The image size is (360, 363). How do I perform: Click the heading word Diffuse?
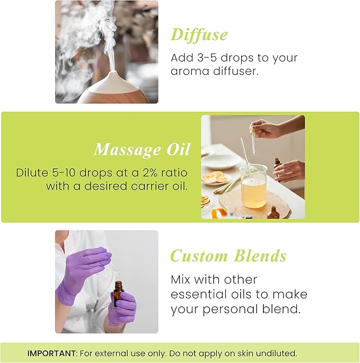coord(199,35)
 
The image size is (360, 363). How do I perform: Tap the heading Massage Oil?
coord(142,149)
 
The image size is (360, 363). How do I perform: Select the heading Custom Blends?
coord(228,256)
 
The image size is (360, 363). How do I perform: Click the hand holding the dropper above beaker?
coord(265,128)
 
